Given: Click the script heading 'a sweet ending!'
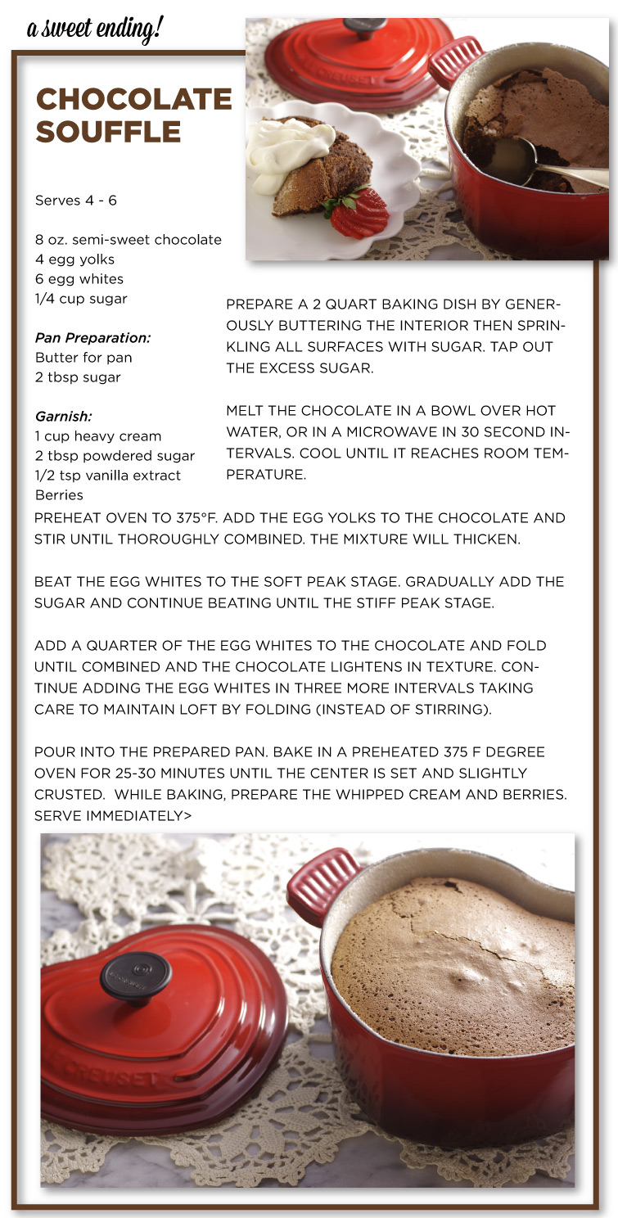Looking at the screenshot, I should (x=95, y=29).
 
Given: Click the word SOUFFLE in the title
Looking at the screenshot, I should (x=108, y=132).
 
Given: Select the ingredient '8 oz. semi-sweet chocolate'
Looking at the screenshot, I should (x=129, y=240).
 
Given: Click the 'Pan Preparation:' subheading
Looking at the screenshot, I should (x=92, y=338).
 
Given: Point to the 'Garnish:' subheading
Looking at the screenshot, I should (x=63, y=417).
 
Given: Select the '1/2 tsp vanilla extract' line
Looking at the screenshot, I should (x=108, y=476).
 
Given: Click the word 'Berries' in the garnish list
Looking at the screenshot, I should (x=59, y=495).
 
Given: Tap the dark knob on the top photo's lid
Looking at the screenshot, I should (x=364, y=27).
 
